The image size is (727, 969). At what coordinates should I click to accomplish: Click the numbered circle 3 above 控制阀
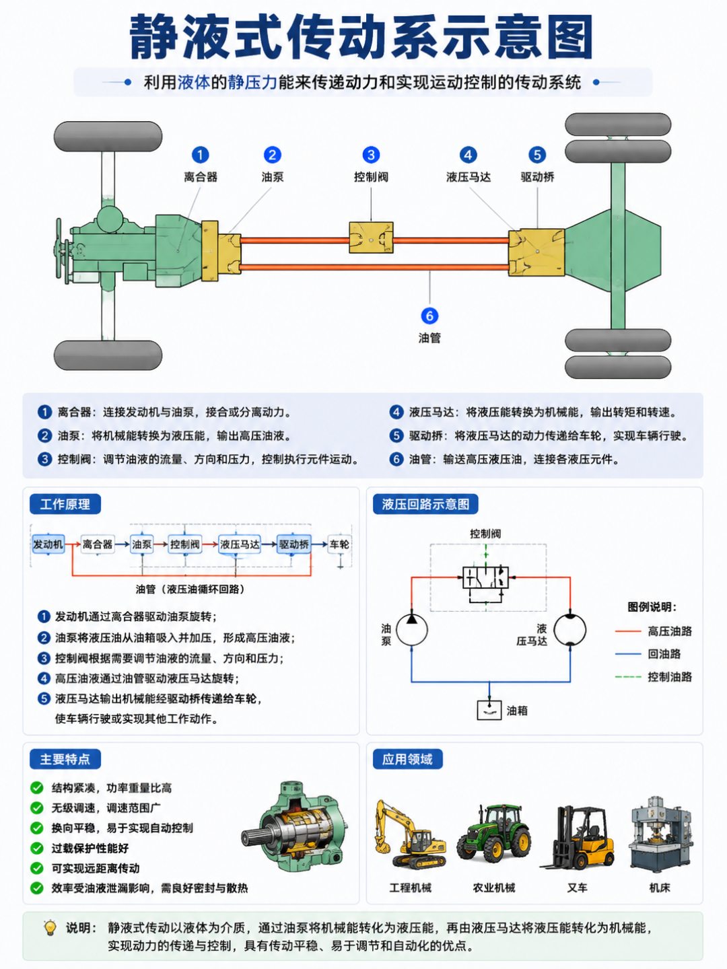[371, 155]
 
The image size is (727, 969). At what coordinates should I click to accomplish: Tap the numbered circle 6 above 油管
[429, 316]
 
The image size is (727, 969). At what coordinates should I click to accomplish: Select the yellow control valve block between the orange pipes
[371, 238]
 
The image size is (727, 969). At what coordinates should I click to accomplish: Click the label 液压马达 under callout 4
[469, 178]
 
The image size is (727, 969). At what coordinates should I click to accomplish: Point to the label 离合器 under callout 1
[201, 178]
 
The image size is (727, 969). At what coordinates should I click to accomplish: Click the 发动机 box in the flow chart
[48, 544]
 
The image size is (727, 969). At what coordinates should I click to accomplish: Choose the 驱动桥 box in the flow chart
[294, 544]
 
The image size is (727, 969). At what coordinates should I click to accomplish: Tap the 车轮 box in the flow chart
[339, 544]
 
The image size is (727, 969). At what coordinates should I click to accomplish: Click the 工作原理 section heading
[65, 504]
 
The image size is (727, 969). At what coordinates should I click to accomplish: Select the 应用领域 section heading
[407, 759]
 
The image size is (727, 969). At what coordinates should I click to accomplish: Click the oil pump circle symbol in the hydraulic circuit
[412, 630]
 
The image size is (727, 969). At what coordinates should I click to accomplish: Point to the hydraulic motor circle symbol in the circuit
[570, 630]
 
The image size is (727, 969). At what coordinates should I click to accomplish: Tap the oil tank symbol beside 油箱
[489, 711]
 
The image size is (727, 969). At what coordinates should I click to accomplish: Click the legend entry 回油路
[664, 654]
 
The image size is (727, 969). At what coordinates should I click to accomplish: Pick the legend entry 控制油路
[670, 677]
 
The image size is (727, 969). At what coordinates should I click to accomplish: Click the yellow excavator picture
[410, 834]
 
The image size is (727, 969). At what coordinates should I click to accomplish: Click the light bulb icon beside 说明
[50, 927]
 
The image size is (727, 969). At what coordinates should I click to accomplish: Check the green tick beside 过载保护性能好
[37, 848]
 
